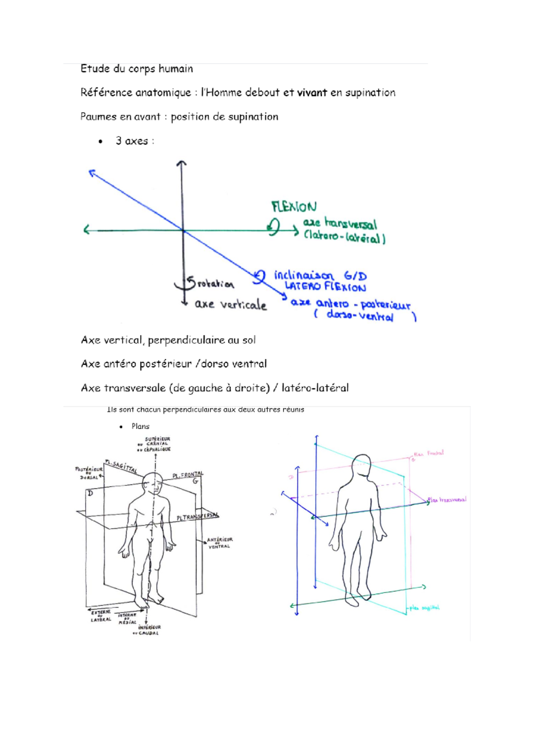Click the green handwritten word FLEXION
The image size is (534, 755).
point(294,207)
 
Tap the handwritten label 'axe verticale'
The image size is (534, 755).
point(231,305)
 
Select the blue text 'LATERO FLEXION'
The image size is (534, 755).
point(325,287)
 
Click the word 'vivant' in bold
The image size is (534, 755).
point(312,92)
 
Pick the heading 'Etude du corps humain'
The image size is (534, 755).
point(137,68)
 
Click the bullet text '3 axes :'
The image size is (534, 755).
point(134,141)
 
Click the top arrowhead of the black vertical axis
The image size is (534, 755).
point(182,163)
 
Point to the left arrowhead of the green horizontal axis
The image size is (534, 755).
point(86,230)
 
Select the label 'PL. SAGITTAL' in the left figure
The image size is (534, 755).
point(121,466)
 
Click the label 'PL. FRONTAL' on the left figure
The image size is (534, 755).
point(188,475)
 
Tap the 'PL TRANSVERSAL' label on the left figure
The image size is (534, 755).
point(198,516)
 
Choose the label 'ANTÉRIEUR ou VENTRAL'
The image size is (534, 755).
point(219,543)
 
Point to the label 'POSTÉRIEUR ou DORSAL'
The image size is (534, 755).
point(89,473)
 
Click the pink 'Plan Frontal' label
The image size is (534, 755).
point(429,454)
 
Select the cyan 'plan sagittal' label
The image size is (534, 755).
point(425,608)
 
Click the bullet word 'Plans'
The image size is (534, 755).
point(140,426)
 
